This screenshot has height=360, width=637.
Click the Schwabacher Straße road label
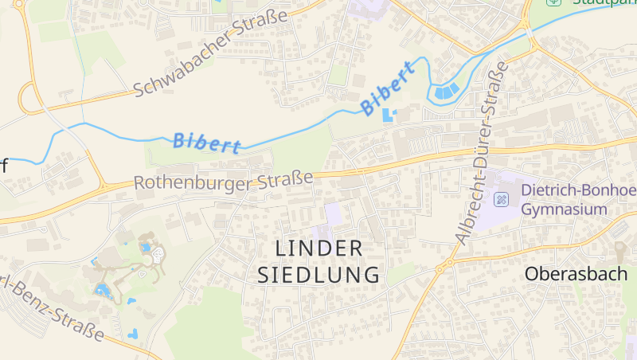coord(210,54)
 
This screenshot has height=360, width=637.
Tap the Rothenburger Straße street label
coord(223,181)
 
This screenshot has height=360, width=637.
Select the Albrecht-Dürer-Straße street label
coord(482,151)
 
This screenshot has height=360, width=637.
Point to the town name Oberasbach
coord(576,273)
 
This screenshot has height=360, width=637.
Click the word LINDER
coord(318,248)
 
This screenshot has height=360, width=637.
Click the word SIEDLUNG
coord(318,276)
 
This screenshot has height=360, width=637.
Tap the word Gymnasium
coord(564,209)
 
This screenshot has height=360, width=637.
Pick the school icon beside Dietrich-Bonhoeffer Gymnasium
coord(502,198)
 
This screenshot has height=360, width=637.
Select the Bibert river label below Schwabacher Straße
coord(207,143)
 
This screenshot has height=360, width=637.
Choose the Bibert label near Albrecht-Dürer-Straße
coord(388,87)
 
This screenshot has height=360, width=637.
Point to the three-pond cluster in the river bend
coord(447,91)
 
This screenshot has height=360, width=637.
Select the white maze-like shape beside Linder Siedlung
coord(158,255)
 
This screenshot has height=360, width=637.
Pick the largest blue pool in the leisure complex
coord(103,289)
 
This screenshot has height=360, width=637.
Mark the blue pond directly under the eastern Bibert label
coord(388,115)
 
